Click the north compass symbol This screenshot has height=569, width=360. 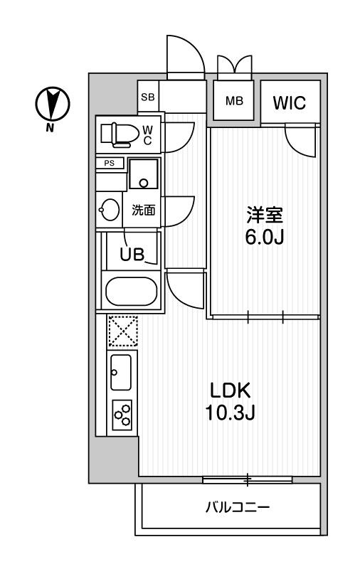coord(51,105)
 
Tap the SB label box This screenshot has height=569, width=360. coord(147,97)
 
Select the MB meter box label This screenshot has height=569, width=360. coord(235,101)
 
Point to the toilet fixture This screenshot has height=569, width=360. coord(117,133)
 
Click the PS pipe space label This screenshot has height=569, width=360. coord(110,163)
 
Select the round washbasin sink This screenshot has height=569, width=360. coord(110,210)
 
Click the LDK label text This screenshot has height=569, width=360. coord(229,390)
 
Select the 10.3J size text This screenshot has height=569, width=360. coord(229,413)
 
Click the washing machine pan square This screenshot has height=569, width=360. coord(144,175)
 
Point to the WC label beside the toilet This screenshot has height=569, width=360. coord(147,134)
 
